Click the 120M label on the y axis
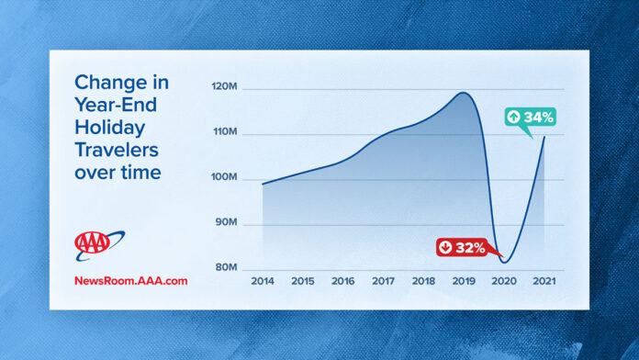coord(226,89)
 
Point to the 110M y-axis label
coord(226,134)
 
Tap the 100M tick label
coord(226,178)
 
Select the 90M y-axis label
coord(226,223)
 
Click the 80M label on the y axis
coord(226,267)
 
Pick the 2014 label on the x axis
coord(263,280)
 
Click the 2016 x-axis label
coord(342,280)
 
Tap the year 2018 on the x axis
coord(423,280)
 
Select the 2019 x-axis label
coord(464,280)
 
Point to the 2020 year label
coord(504,280)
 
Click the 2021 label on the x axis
coord(544,280)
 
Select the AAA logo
coord(98,244)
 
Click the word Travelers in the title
coord(116,149)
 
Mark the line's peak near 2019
coord(463,93)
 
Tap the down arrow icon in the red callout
coord(446,247)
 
